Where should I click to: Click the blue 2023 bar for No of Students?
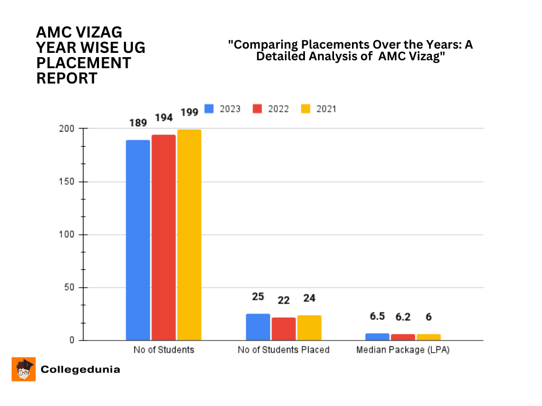pos(138,240)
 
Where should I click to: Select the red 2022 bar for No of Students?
pos(164,237)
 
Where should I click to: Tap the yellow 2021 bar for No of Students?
pos(189,235)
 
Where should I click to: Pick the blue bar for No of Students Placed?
pos(258,327)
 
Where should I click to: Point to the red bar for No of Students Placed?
pos(284,329)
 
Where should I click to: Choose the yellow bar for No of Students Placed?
pos(309,328)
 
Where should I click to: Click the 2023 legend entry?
pos(222,109)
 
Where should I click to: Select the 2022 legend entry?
pos(270,109)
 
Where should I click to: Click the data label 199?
pos(189,112)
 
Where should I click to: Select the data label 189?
pos(138,123)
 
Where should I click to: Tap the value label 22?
pos(284,300)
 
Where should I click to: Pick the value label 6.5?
pos(377,316)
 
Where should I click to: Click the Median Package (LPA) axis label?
pos(402,350)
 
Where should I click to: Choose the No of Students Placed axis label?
pos(284,350)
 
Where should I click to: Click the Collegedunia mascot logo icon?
pos(23,369)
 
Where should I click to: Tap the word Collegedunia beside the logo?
pos(80,370)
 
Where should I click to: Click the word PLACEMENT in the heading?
pos(84,63)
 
